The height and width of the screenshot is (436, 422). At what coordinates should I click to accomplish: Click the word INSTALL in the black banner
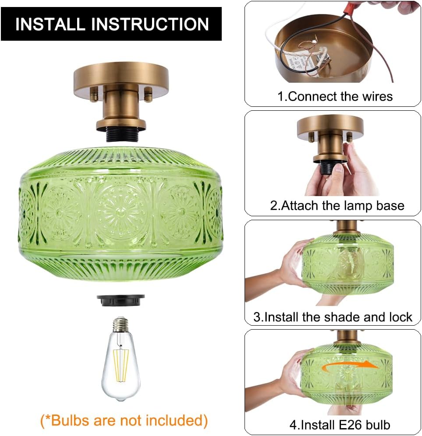click(x=50, y=24)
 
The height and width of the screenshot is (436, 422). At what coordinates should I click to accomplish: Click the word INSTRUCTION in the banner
click(x=150, y=24)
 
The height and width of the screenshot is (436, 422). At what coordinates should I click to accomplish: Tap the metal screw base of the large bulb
click(x=120, y=324)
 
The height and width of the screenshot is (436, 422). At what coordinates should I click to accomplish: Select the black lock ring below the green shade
click(x=121, y=300)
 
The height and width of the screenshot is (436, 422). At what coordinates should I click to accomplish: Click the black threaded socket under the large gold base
click(x=121, y=134)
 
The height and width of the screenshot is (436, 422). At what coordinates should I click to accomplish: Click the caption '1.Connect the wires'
click(x=335, y=96)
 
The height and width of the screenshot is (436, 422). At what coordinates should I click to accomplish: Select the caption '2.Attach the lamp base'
click(x=337, y=206)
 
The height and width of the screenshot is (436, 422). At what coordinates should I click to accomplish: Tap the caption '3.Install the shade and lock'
click(x=333, y=317)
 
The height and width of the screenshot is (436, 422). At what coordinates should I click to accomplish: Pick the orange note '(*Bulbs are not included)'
click(x=124, y=421)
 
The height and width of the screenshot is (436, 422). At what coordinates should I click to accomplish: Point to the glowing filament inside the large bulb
click(x=120, y=364)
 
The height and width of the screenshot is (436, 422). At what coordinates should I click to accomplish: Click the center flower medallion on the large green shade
click(x=120, y=211)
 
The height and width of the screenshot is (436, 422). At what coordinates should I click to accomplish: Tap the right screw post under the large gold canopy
click(x=148, y=95)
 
